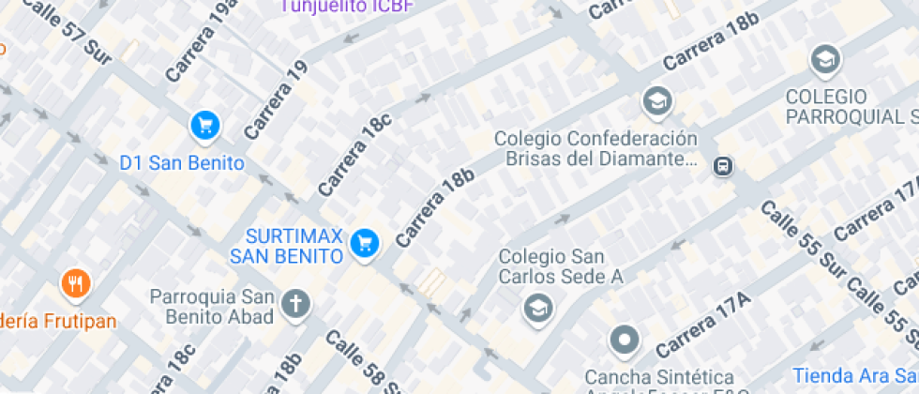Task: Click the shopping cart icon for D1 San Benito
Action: coord(203,125)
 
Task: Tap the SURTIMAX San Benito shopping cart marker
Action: coord(364,244)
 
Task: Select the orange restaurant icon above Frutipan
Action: coord(76,282)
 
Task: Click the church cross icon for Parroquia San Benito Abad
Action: coord(296,304)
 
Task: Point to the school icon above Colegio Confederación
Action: coord(657,100)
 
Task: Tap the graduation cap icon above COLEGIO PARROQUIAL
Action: coord(825,59)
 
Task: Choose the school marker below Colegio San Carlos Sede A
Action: coord(538,308)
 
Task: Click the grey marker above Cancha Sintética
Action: coord(624,340)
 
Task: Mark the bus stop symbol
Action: coord(722,166)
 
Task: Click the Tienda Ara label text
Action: coord(852,374)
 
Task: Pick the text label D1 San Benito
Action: coord(182,163)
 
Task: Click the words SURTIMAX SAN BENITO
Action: coord(285,245)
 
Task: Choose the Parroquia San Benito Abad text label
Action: coord(213,307)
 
